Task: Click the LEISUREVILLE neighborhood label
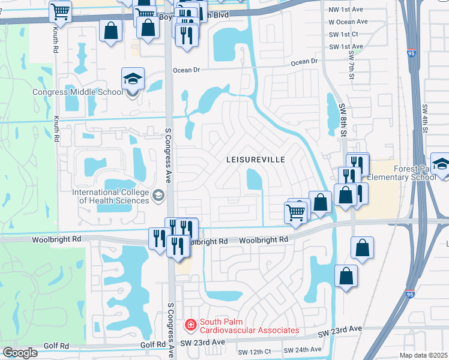coord(255,160)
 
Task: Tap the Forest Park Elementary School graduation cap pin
coord(441,164)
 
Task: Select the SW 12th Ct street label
coord(255,352)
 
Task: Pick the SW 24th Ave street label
coord(302,350)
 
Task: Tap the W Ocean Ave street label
coord(347,22)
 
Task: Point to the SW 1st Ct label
coord(343,34)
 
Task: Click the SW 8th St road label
coord(343,120)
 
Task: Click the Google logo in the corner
coord(20,353)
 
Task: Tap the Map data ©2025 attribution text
coord(423,355)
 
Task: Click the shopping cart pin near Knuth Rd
coord(60,10)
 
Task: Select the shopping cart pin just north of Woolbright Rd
coord(295,212)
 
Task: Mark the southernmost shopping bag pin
coord(346,276)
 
